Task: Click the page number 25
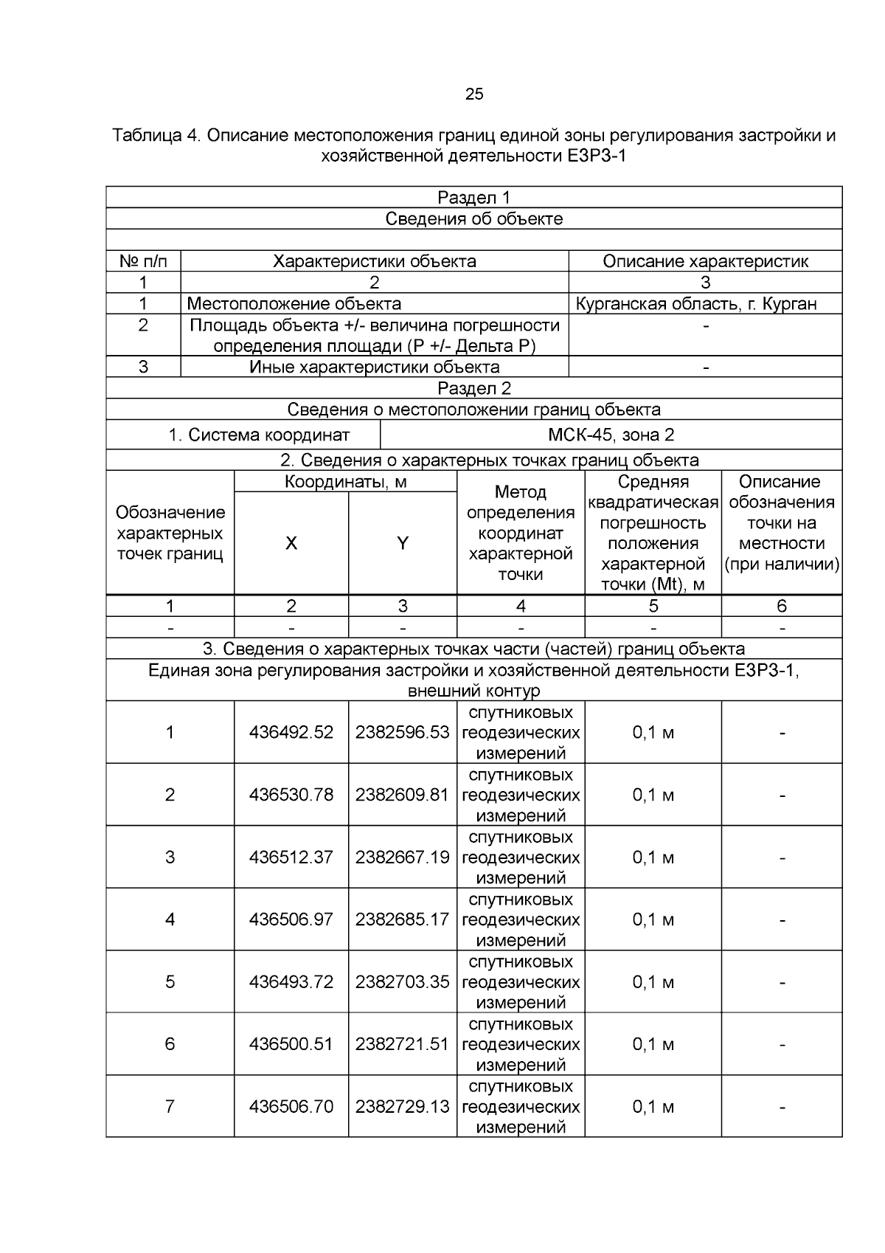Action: click(474, 94)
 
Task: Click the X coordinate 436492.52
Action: click(291, 732)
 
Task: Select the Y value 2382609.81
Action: click(402, 795)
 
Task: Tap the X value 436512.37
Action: click(291, 857)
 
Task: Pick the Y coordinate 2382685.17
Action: click(402, 919)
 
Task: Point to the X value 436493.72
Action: click(291, 981)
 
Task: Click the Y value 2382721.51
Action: click(402, 1044)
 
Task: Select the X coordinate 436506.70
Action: click(291, 1106)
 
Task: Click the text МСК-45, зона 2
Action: click(611, 435)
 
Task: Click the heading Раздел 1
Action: click(474, 197)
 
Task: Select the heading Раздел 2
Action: click(474, 388)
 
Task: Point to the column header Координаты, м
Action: click(345, 482)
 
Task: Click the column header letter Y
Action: click(402, 543)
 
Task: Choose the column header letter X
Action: click(291, 543)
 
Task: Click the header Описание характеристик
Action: click(705, 261)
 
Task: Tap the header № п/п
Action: click(143, 261)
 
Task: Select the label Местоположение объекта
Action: click(294, 303)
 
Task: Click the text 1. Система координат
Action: click(259, 435)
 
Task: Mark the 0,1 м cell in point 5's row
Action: click(653, 981)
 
